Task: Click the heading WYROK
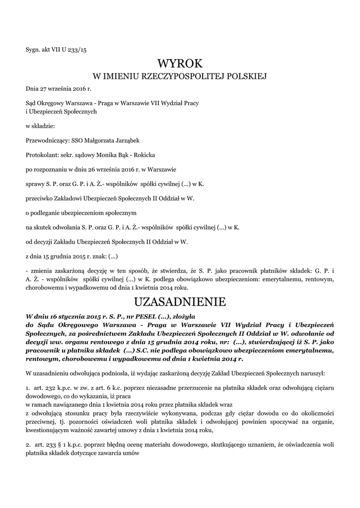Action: (180, 64)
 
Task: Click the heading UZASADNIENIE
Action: (180, 302)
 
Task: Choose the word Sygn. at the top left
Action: (33, 49)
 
